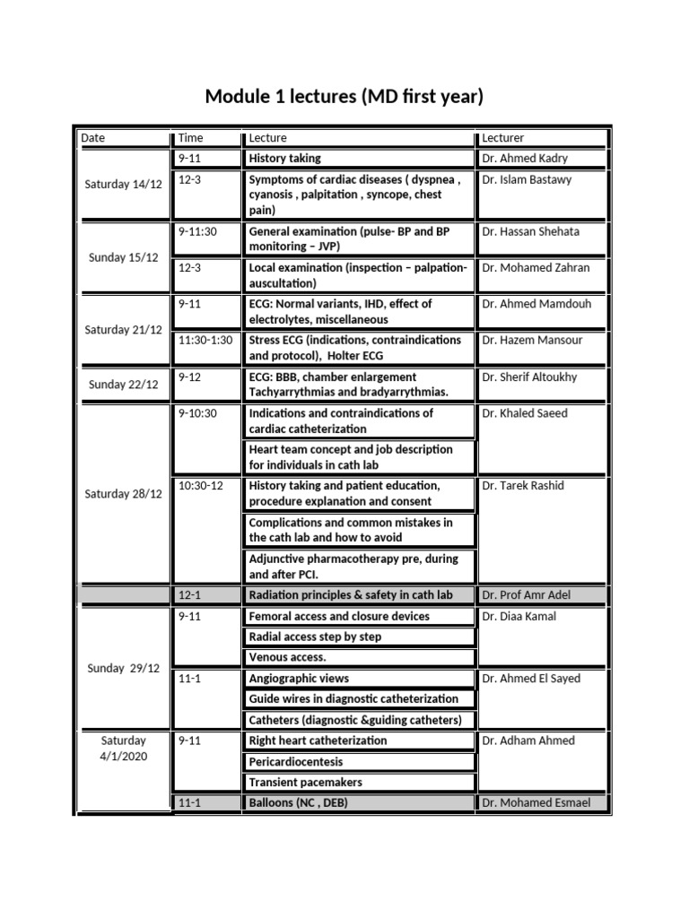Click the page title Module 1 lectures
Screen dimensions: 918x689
point(344,96)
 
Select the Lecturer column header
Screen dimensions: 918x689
point(503,138)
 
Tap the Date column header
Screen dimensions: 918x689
point(93,138)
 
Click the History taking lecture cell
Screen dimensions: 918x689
point(284,159)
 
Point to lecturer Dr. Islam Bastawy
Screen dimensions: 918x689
point(526,179)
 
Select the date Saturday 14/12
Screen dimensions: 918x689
point(123,184)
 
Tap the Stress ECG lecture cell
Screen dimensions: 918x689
point(355,347)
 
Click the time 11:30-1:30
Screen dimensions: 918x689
point(205,341)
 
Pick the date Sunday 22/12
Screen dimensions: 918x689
point(123,385)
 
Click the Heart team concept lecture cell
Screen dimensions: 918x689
point(352,456)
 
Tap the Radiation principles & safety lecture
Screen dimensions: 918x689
point(351,595)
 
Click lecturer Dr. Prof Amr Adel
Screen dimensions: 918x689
point(526,595)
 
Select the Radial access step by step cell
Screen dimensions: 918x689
point(315,637)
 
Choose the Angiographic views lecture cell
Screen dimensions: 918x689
point(299,679)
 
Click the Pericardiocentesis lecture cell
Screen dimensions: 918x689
point(296,761)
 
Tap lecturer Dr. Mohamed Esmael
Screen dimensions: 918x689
point(536,802)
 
